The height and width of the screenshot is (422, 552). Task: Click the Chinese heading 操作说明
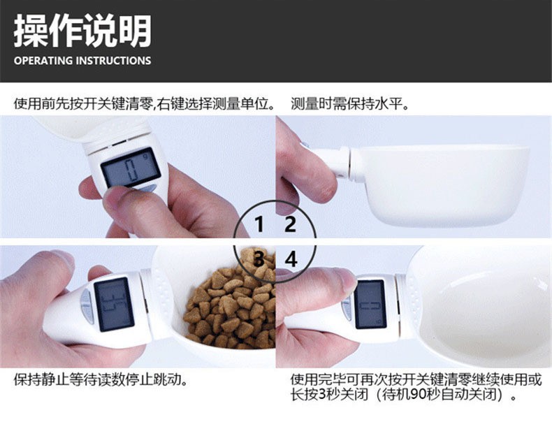click(82, 31)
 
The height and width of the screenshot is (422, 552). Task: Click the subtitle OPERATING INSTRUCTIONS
click(82, 61)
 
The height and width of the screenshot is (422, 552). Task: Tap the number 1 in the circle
click(259, 224)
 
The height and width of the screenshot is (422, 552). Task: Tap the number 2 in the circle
click(290, 224)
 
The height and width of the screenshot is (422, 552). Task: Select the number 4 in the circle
click(291, 259)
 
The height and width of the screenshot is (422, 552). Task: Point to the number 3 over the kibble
click(259, 259)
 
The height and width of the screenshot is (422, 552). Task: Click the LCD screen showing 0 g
click(131, 168)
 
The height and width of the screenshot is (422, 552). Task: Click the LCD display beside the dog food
click(114, 305)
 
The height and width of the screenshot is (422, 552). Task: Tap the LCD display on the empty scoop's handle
click(370, 305)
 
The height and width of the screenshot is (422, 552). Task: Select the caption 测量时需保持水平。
click(350, 104)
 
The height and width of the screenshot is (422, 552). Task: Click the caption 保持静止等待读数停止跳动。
click(101, 380)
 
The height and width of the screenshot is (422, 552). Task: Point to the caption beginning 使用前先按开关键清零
click(145, 104)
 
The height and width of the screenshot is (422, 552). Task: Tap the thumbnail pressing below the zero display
click(119, 197)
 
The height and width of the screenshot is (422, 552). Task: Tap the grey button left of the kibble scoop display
click(87, 305)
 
